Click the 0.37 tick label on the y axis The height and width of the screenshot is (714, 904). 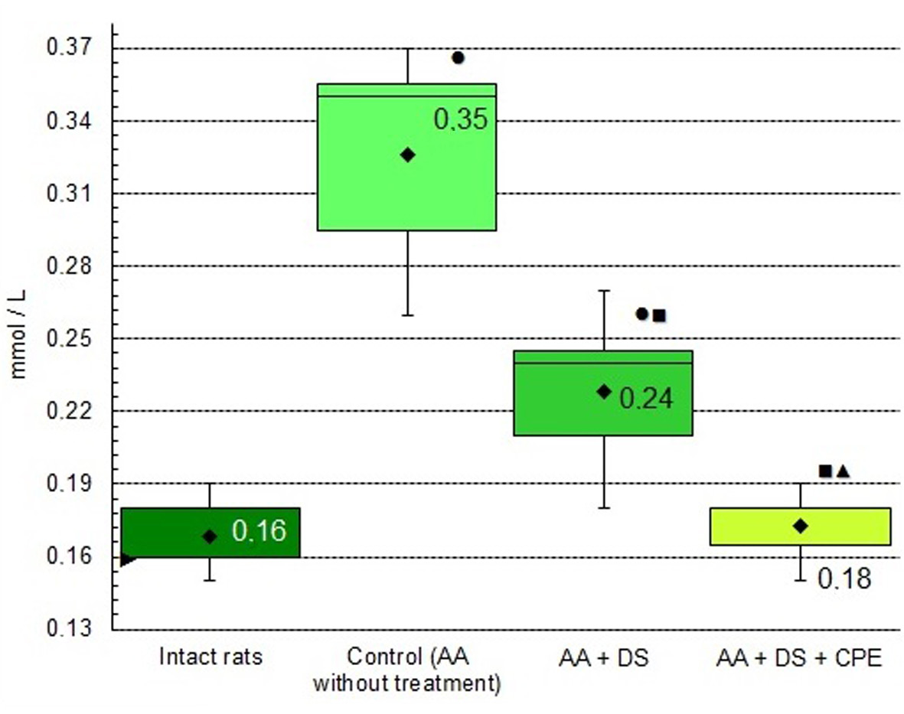tap(69, 49)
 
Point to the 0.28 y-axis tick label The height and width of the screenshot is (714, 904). tap(69, 266)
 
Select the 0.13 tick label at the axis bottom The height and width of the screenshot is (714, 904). tap(69, 629)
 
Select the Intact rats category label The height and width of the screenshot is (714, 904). tap(211, 657)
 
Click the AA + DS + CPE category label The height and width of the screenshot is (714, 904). tap(799, 657)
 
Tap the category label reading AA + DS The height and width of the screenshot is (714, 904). tap(604, 657)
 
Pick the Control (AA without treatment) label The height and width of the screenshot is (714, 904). tap(407, 670)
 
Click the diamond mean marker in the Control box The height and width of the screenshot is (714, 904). tap(408, 155)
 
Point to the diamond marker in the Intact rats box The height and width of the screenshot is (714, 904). tap(210, 536)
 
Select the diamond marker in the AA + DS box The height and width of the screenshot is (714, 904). tap(604, 392)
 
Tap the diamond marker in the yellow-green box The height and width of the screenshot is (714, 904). tap(801, 526)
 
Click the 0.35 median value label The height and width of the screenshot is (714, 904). tap(461, 120)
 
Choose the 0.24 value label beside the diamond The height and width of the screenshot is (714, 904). tap(646, 399)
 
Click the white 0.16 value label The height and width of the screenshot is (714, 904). tap(259, 530)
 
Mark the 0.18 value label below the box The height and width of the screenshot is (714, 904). tap(844, 579)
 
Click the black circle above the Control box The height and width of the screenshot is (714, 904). tap(459, 57)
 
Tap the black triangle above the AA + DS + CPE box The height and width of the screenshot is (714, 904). tap(843, 471)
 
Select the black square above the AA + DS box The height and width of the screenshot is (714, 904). tap(659, 315)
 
